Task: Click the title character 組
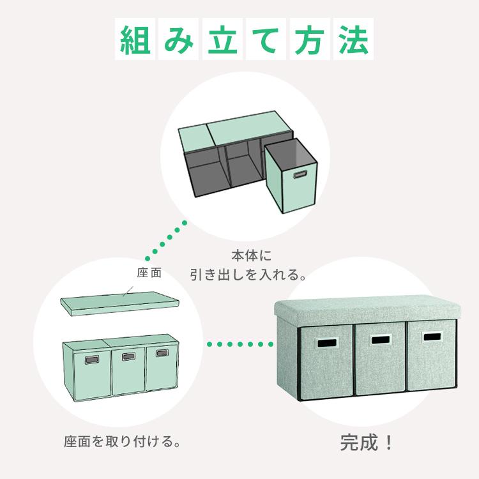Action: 135,40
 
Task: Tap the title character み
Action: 179,40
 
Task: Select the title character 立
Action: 222,40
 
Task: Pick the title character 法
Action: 353,40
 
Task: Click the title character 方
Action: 310,40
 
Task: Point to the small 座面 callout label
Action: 149,273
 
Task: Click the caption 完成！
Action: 367,443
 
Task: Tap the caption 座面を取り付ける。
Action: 122,441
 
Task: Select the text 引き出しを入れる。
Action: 248,275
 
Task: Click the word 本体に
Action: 252,255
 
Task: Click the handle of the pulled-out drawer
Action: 300,175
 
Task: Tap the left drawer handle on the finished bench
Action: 326,343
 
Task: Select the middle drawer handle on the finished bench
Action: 381,340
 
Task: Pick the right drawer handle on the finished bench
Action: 432,337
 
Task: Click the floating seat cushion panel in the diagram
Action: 120,303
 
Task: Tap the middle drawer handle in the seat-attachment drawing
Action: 128,356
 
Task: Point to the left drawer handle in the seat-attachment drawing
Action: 91,360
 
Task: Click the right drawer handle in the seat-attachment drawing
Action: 162,353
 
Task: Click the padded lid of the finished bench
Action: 367,308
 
